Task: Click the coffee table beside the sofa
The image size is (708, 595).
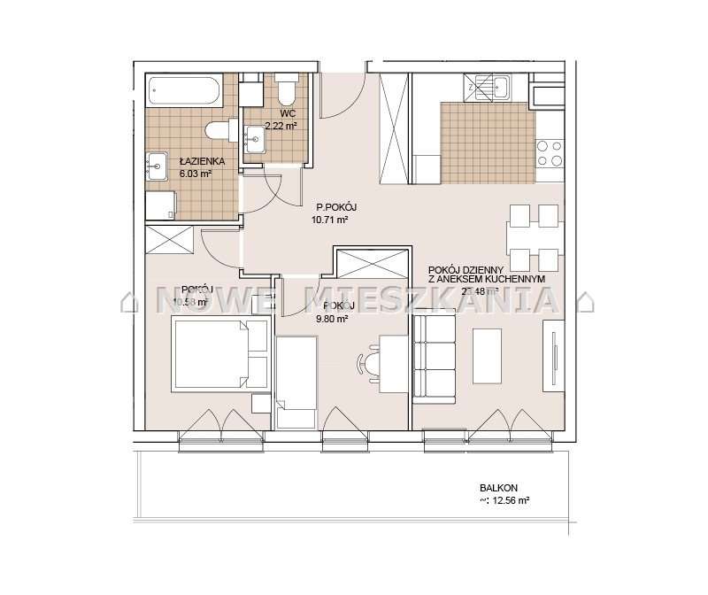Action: pos(489,355)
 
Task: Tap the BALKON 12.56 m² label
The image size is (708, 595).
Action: pos(504,493)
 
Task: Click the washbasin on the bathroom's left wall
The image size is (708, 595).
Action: pos(157,164)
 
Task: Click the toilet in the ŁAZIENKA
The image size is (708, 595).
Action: pos(219,132)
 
